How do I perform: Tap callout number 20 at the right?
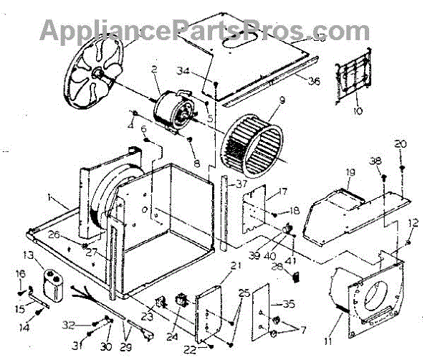pyautogui.click(x=400, y=143)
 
